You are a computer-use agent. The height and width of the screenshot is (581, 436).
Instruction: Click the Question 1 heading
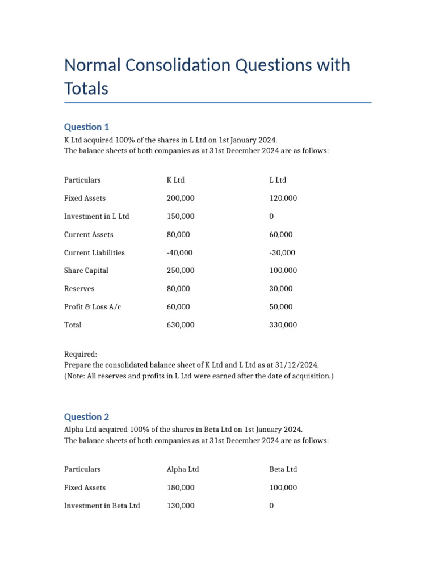[x=86, y=127]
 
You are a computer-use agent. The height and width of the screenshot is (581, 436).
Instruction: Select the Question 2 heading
[x=86, y=416]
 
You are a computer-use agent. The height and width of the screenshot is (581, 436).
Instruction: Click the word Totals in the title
[x=86, y=89]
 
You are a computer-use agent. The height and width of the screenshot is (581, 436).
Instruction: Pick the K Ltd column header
[x=175, y=180]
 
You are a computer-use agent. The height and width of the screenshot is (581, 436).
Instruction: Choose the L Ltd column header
[x=278, y=180]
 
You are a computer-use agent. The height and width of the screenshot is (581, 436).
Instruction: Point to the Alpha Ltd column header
[x=183, y=469]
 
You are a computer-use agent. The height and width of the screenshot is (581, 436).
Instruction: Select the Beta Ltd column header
[x=283, y=469]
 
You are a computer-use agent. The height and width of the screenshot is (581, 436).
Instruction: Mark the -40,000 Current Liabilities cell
[x=179, y=252]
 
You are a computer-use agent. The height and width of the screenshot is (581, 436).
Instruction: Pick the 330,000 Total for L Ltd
[x=283, y=325]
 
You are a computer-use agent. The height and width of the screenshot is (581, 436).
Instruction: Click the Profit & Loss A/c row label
[x=93, y=307]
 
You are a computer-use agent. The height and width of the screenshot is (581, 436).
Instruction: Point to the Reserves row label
[x=79, y=289]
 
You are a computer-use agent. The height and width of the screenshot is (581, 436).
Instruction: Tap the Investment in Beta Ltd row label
[x=102, y=506]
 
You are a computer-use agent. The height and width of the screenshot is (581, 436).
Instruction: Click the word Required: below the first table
[x=81, y=354]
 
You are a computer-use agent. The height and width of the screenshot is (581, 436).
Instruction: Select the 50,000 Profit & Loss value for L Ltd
[x=281, y=307]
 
